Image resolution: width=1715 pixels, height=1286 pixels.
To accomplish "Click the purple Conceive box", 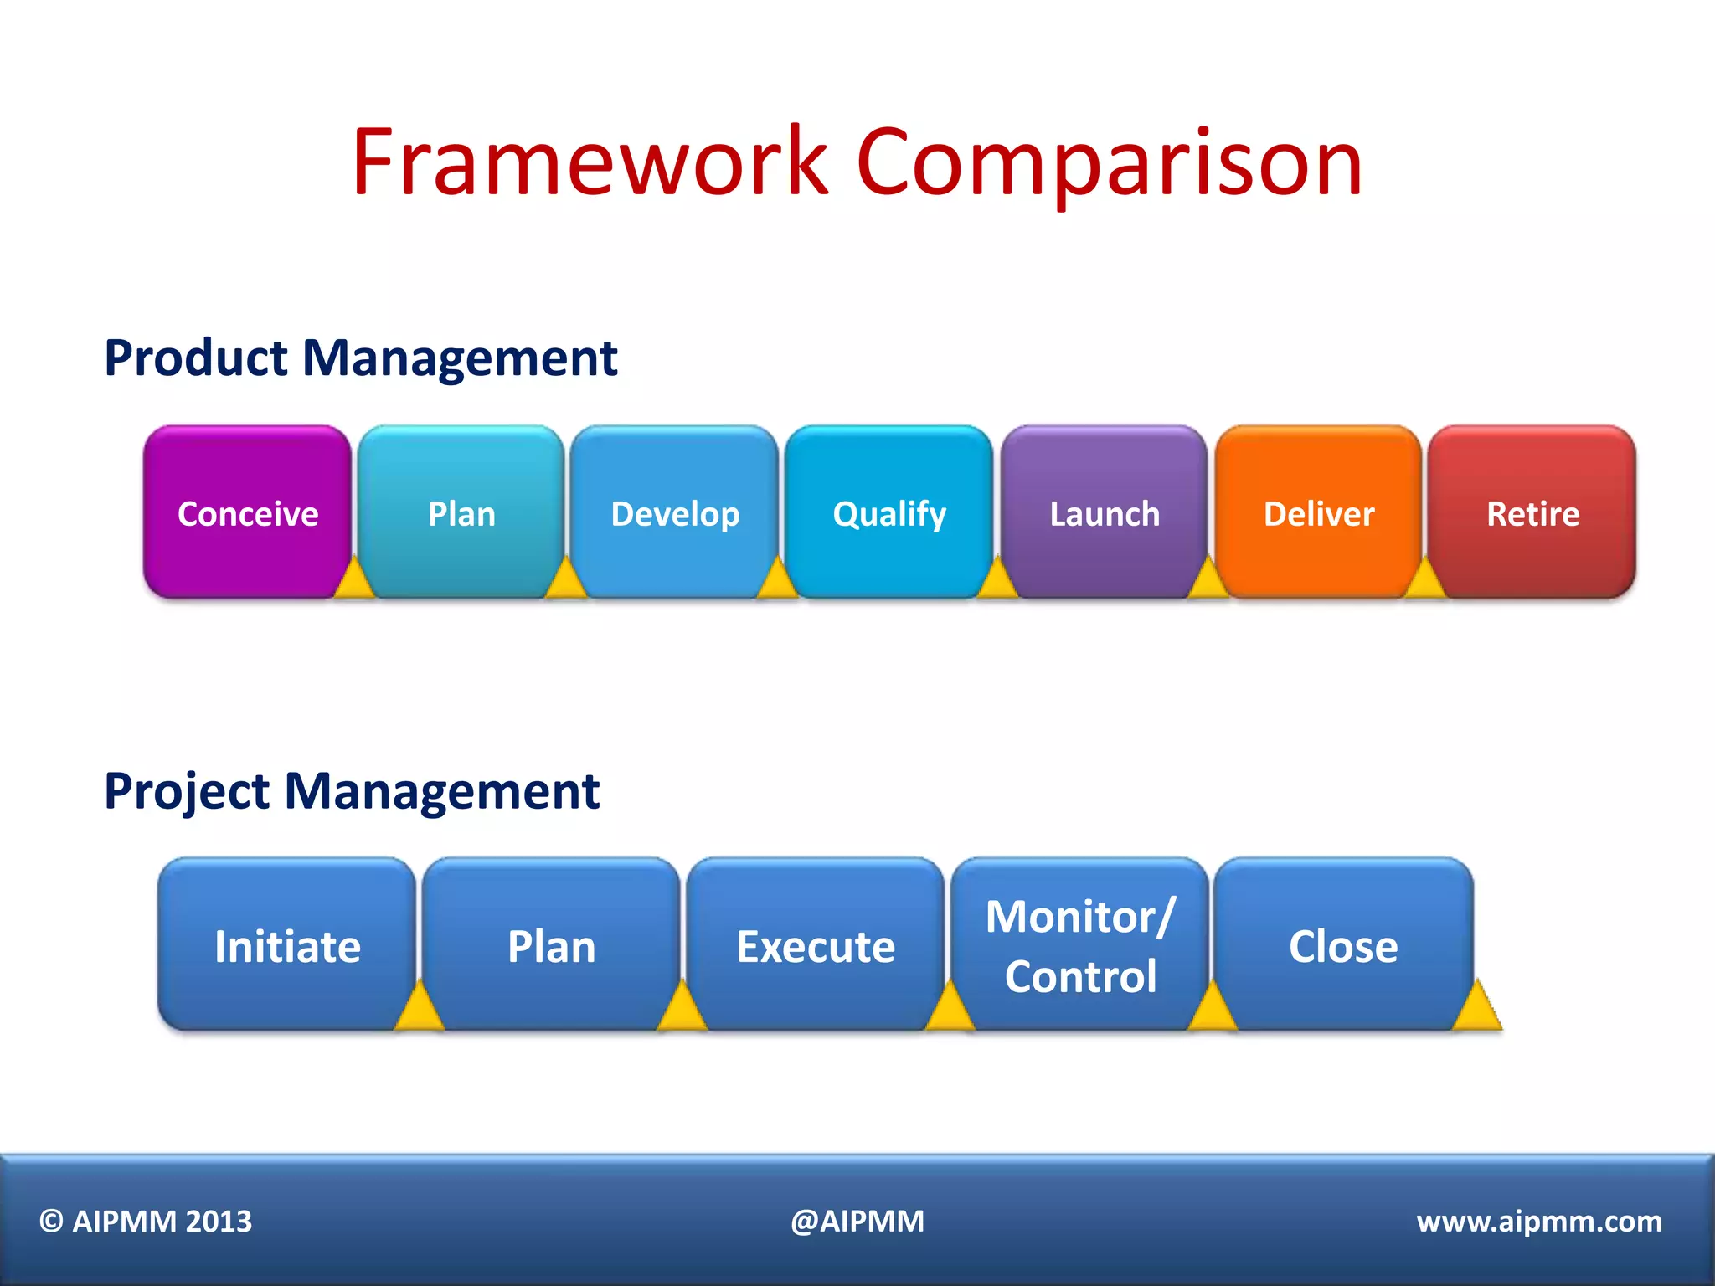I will [247, 512].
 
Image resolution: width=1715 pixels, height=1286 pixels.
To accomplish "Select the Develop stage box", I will [675, 512].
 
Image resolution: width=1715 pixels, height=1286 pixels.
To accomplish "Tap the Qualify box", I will [889, 512].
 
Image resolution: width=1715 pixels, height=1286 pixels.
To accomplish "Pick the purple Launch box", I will [1104, 512].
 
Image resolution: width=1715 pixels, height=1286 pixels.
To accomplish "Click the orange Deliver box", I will [1318, 512].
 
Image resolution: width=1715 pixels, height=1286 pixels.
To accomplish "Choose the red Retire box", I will [1532, 512].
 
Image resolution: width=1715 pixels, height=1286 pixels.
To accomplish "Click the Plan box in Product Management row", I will [461, 512].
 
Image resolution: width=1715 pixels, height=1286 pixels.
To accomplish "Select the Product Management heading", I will [360, 358].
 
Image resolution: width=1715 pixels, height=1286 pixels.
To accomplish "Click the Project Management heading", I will [352, 791].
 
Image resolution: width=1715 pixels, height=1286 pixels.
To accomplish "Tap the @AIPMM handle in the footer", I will [857, 1222].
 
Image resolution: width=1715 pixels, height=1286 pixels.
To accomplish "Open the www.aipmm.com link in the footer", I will [1538, 1222].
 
